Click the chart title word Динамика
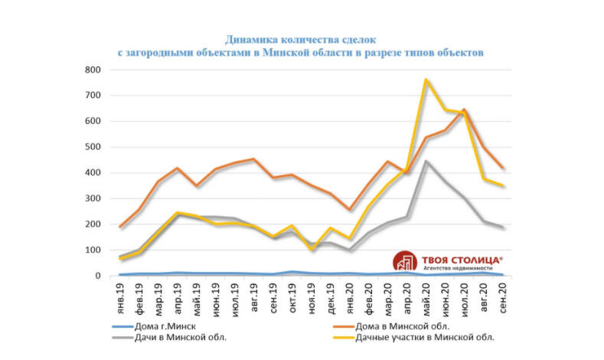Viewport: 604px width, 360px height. (256, 38)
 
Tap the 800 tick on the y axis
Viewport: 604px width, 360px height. (92, 70)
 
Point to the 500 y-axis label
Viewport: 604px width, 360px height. (92, 147)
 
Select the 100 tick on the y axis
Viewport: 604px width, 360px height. (92, 250)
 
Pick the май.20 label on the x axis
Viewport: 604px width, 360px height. (426, 294)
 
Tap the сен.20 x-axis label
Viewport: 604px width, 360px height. (501, 294)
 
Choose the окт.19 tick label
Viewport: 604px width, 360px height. (292, 294)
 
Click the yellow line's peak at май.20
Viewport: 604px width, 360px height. (426, 79)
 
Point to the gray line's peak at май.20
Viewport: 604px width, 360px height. (426, 162)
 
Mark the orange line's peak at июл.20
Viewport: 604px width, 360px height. (464, 110)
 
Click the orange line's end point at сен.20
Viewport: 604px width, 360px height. (501, 168)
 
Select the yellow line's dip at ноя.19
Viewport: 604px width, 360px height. (312, 250)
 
